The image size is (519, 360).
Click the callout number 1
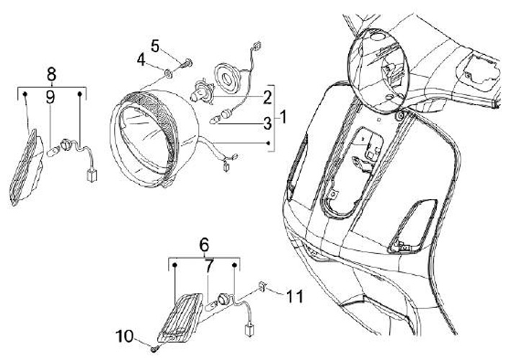(x=283, y=116)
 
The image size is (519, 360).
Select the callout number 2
(x=267, y=96)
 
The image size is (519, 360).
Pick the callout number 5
(x=155, y=45)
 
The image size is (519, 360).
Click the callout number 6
(x=204, y=245)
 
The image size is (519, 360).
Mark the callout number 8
(x=51, y=73)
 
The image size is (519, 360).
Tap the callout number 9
(x=51, y=95)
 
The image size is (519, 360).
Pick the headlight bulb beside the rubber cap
(x=198, y=95)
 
